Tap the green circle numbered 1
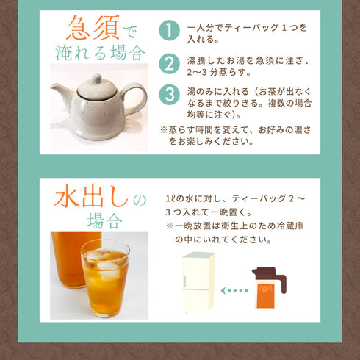pos(169,32)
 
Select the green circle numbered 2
pos(169,64)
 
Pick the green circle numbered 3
pos(169,96)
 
